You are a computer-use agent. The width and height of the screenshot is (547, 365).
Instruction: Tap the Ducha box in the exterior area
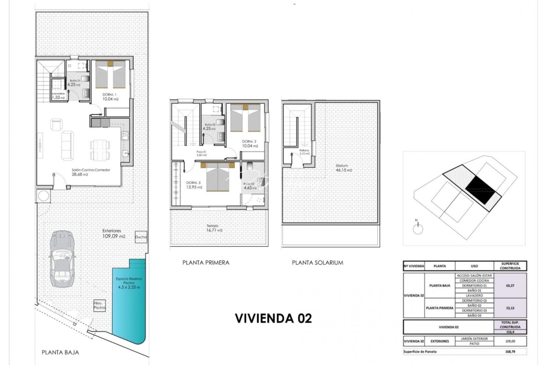[x=141, y=237]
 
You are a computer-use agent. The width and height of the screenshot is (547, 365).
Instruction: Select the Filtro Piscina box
[x=100, y=306]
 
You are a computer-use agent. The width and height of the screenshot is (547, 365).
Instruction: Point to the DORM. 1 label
[x=110, y=94]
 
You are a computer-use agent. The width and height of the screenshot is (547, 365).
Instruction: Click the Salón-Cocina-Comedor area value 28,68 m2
[x=80, y=175]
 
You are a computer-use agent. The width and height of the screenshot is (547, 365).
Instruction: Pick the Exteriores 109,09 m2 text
[x=113, y=234]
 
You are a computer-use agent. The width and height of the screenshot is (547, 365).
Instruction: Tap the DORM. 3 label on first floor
[x=194, y=183]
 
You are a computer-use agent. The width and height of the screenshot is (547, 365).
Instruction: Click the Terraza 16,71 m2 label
[x=215, y=228]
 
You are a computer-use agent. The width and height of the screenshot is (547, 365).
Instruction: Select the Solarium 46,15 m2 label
[x=344, y=168]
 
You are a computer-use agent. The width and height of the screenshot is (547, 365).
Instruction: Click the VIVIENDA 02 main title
[x=273, y=318]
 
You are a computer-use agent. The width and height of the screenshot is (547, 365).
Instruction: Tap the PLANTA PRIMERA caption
[x=206, y=263]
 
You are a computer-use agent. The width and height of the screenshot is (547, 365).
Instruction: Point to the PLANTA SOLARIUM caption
[x=317, y=263]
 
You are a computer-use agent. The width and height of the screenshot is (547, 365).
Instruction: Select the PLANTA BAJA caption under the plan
[x=60, y=352]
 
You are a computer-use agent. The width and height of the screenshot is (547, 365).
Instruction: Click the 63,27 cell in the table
[x=510, y=286]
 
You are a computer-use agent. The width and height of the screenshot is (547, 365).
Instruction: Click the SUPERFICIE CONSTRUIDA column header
[x=510, y=266]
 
